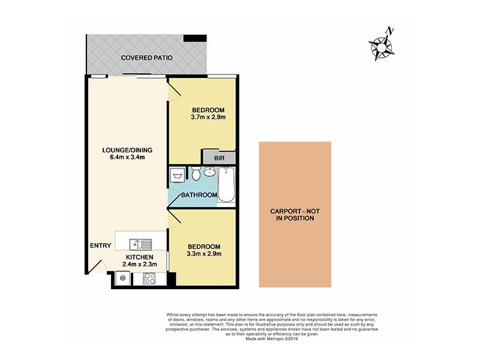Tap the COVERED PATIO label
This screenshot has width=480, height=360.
(147, 58)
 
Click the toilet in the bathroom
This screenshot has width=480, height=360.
(195, 175)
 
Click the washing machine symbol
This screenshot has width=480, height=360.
(178, 176)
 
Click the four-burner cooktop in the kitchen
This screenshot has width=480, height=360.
(149, 279)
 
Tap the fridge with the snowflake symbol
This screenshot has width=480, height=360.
(123, 278)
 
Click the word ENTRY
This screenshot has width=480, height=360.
(100, 245)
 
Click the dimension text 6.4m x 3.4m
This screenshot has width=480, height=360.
(124, 157)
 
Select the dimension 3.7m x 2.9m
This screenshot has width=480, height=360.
(208, 118)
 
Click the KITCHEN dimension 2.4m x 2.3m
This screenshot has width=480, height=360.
(140, 264)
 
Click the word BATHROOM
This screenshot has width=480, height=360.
(199, 195)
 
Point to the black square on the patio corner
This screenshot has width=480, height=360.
(194, 38)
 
